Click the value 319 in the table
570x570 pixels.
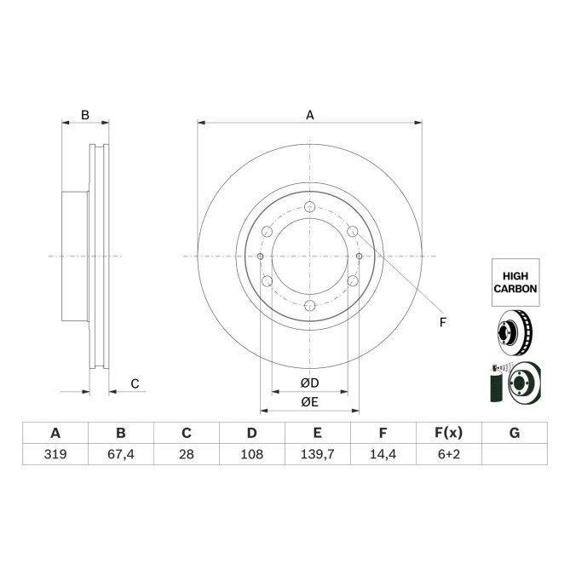(55, 456)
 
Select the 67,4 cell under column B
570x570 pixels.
(120, 456)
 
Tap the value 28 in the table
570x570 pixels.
(186, 456)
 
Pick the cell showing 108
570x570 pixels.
(251, 456)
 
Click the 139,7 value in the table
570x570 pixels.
(317, 456)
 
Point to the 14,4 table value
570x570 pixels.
(383, 456)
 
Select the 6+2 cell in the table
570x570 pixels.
(448, 456)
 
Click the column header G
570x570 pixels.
(514, 433)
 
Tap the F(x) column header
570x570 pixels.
(448, 433)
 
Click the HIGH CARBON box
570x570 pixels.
(515, 283)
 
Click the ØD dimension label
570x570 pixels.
(309, 383)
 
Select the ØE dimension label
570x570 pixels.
(309, 402)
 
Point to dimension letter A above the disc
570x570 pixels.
(310, 114)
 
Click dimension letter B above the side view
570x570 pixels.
(84, 114)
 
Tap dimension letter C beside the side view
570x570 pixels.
(135, 383)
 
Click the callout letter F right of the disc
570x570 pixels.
(442, 322)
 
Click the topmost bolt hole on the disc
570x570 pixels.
(309, 206)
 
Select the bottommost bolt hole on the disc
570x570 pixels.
(309, 306)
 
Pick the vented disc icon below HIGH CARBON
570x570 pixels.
(514, 331)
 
